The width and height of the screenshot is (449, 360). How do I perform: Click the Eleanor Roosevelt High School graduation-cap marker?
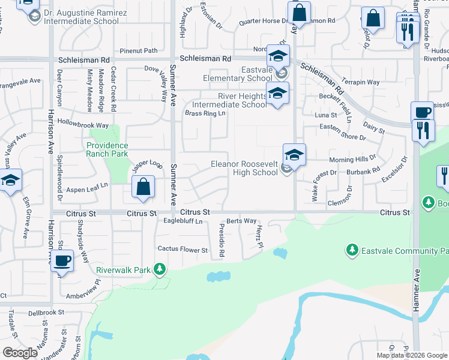294,155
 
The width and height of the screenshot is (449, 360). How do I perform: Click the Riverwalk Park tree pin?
159,269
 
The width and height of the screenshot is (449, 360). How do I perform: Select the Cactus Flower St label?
182,249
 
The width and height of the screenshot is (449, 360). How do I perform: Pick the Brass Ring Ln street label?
205,113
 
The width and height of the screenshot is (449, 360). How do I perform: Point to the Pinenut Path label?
138,51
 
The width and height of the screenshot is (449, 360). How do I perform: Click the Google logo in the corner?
20,353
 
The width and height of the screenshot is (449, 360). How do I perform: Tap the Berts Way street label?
241,221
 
